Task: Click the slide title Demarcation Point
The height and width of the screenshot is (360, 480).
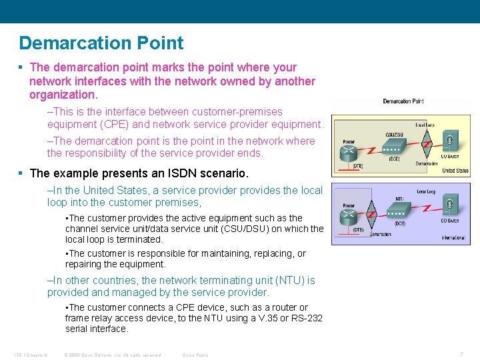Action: click(101, 43)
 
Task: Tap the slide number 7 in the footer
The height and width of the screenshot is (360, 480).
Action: click(461, 354)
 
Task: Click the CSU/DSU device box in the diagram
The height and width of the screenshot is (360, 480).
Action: click(395, 147)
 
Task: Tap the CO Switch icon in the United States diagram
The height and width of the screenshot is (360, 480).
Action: click(450, 143)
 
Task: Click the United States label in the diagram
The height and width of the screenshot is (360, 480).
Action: click(455, 171)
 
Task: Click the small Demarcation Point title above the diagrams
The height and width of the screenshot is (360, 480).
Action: click(403, 101)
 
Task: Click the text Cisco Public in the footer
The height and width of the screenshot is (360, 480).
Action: click(195, 355)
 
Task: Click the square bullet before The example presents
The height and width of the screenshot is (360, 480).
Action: click(22, 173)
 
